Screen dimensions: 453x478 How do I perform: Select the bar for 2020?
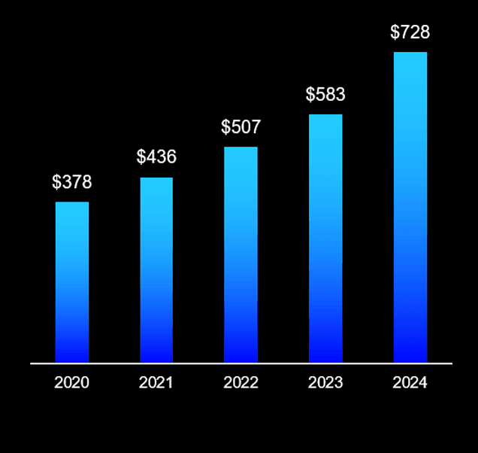72,282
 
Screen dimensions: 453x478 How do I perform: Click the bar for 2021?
156,270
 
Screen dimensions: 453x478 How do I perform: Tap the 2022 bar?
241,254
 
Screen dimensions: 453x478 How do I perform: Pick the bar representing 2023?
325,239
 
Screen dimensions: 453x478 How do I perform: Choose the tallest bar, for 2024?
410,207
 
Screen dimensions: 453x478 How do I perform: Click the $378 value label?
71,182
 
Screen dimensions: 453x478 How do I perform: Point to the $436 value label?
156,157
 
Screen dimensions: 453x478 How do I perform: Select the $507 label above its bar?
241,127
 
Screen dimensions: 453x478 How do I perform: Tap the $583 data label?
325,95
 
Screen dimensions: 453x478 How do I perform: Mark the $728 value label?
410,33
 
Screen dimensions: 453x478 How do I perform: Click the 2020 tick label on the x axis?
71,382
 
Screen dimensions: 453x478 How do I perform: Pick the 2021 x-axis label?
156,382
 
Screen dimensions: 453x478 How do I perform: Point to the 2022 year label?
241,382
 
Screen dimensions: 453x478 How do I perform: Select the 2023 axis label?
325,382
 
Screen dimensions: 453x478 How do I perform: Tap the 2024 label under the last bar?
410,382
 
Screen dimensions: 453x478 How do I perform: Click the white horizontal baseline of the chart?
241,363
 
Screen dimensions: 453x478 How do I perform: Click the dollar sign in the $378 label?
56,182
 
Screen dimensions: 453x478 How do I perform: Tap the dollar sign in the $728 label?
395,33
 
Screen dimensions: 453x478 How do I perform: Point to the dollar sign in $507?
225,127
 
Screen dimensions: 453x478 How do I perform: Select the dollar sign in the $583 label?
310,95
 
